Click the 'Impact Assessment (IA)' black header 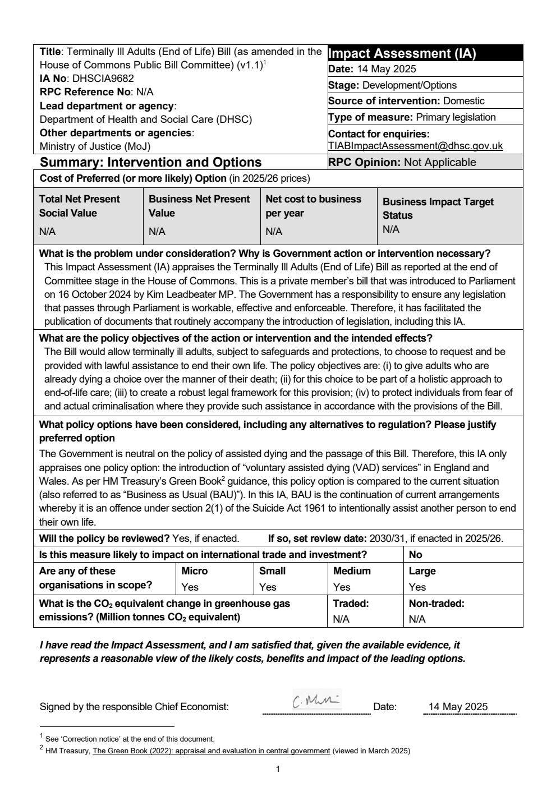[402, 53]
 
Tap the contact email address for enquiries [415, 146]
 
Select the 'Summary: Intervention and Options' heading [150, 162]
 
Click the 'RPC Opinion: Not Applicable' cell [402, 162]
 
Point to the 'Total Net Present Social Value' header [79, 206]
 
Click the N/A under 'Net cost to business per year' [274, 232]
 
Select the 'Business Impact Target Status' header [438, 208]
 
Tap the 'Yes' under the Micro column [190, 587]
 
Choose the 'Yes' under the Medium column [342, 587]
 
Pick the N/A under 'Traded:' [341, 619]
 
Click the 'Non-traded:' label [436, 604]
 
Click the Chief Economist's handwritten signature [316, 701]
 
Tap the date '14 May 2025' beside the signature [458, 707]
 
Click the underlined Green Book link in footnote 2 [211, 751]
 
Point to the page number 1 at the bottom [278, 769]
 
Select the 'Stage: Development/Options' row [392, 85]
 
